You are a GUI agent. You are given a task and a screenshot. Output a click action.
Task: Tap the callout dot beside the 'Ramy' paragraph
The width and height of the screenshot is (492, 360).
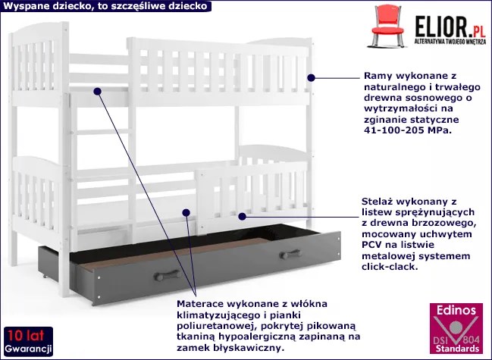(x=310, y=77)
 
